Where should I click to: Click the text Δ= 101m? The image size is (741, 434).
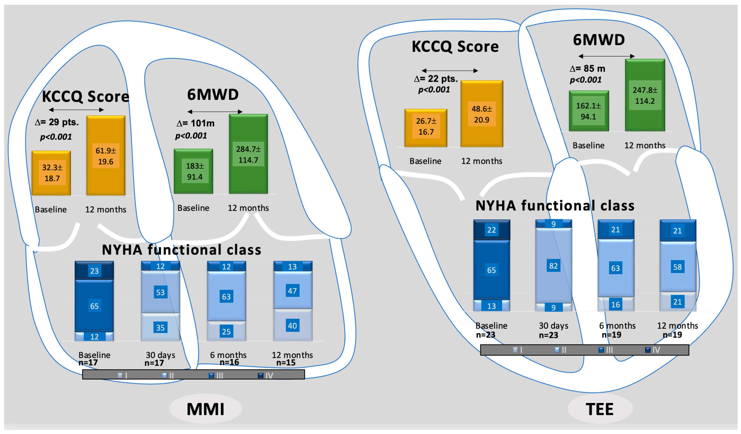(196, 123)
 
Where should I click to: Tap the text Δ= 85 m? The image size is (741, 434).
(587, 69)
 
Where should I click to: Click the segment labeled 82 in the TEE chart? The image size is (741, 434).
(553, 266)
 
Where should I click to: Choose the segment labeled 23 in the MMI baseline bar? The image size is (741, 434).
(94, 271)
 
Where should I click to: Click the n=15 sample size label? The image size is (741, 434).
(286, 363)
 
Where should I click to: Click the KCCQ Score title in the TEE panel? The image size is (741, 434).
(455, 46)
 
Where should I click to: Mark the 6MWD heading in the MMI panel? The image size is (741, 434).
(213, 95)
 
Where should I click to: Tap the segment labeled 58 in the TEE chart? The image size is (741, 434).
(677, 267)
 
